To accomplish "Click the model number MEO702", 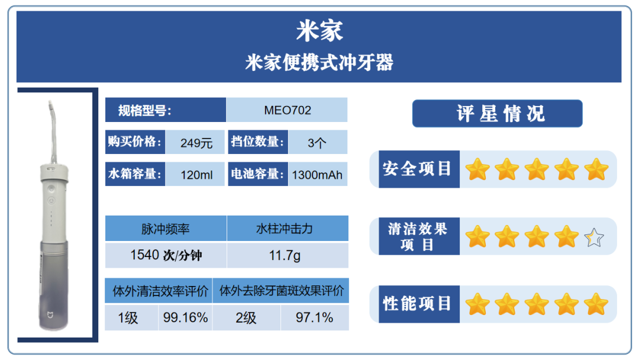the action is pyautogui.click(x=288, y=110).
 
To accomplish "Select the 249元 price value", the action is pyautogui.click(x=196, y=143).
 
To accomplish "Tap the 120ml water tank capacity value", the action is pyautogui.click(x=196, y=175).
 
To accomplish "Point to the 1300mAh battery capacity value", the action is pyautogui.click(x=317, y=175).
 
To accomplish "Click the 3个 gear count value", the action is pyautogui.click(x=317, y=143).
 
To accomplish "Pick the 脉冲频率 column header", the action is pyautogui.click(x=166, y=229).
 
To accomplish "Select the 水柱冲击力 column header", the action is pyautogui.click(x=285, y=229).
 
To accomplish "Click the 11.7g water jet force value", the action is pyautogui.click(x=285, y=256).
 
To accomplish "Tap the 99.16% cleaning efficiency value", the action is pyautogui.click(x=185, y=317).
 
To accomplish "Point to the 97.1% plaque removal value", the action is pyautogui.click(x=314, y=317).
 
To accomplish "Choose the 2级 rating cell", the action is pyautogui.click(x=246, y=317).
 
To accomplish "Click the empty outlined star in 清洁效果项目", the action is pyautogui.click(x=594, y=237).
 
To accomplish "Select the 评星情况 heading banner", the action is pyautogui.click(x=497, y=113).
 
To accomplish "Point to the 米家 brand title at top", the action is pyautogui.click(x=319, y=31).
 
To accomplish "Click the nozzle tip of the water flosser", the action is pyautogui.click(x=50, y=103).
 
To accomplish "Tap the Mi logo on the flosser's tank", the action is pyautogui.click(x=50, y=315).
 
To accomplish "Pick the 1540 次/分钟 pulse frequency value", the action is pyautogui.click(x=166, y=255).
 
